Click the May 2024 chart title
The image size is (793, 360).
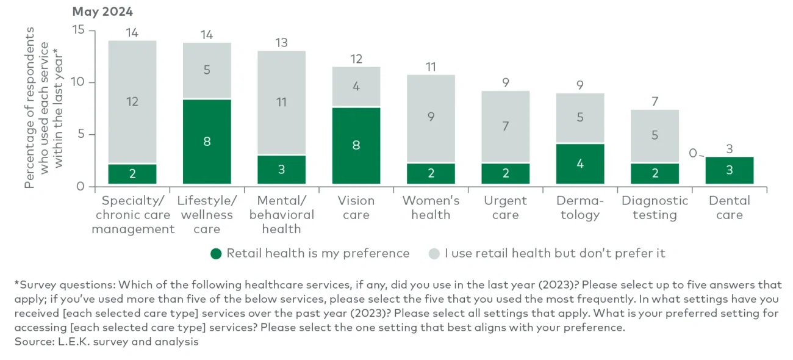click(x=102, y=12)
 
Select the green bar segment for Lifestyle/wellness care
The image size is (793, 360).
click(x=207, y=142)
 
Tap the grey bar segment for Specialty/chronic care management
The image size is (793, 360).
click(x=132, y=102)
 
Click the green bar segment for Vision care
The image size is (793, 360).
click(x=356, y=145)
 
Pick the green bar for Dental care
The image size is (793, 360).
click(x=729, y=170)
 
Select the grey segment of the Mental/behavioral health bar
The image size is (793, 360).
click(x=281, y=103)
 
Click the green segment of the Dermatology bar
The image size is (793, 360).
click(x=580, y=164)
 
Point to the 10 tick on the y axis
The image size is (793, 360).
click(x=78, y=82)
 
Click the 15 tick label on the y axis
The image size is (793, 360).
click(x=78, y=30)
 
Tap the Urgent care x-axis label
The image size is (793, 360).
click(x=505, y=207)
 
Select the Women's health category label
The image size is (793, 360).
click(x=431, y=207)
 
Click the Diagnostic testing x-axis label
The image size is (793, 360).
click(x=655, y=207)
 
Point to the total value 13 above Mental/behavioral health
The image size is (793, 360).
click(x=281, y=43)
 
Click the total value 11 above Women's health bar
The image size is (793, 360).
click(x=431, y=67)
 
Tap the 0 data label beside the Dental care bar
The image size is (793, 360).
click(x=692, y=153)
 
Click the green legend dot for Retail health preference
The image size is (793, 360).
click(x=215, y=253)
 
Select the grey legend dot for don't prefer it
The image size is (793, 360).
click(x=434, y=253)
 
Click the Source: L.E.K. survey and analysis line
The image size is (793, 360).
click(x=107, y=342)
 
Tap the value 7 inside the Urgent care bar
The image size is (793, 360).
click(x=505, y=126)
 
